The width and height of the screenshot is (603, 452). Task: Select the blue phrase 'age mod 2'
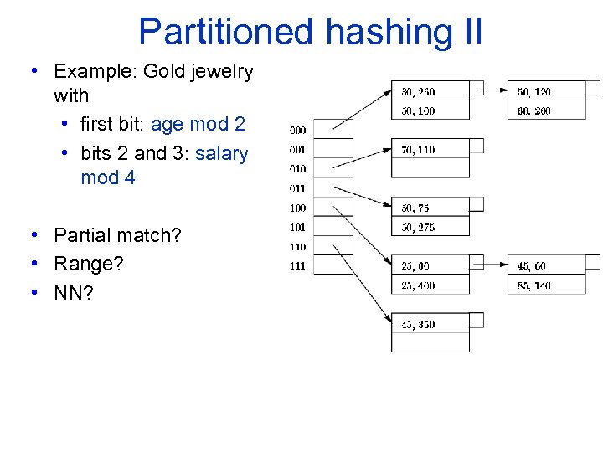(198, 125)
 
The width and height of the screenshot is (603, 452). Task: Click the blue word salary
(221, 153)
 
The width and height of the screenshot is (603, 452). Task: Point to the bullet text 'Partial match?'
(117, 235)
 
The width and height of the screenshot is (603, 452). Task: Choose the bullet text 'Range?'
(88, 264)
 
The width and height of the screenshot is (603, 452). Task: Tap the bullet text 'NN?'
(75, 292)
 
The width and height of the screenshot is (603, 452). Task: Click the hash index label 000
(297, 131)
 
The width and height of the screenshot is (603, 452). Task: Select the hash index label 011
(297, 188)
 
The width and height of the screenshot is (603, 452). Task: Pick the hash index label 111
(297, 266)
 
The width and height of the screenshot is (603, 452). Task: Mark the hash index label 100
(297, 208)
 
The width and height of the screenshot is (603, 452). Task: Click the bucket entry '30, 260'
(418, 91)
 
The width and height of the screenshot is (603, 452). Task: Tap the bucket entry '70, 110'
(418, 150)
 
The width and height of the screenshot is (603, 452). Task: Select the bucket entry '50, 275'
(418, 228)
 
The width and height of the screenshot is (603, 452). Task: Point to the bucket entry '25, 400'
(418, 285)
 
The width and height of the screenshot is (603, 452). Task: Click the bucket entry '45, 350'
(418, 325)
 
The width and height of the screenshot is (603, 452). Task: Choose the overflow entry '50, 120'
(534, 91)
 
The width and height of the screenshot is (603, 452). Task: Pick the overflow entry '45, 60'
(532, 266)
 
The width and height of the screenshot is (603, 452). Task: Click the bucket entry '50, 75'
(415, 208)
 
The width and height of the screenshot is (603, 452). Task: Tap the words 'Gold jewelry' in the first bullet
(198, 72)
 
